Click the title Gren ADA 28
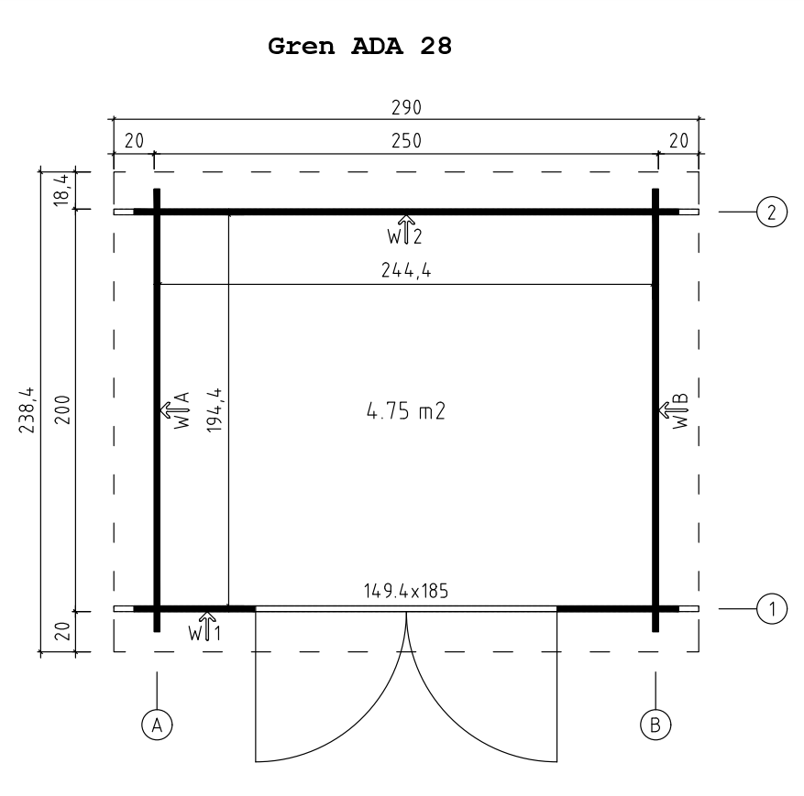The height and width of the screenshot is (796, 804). point(359,46)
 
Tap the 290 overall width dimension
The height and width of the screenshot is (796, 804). point(406,107)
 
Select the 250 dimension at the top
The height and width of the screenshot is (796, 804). point(406,141)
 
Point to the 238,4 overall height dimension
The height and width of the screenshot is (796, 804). point(28,409)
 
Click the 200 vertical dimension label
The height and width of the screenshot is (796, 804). point(62,409)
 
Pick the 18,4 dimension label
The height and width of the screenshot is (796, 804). point(61,190)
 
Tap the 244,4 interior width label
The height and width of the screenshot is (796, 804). point(406,270)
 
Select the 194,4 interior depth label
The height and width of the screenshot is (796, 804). point(215,409)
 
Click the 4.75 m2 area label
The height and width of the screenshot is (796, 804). point(406,410)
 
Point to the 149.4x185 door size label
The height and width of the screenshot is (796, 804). point(406,591)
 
